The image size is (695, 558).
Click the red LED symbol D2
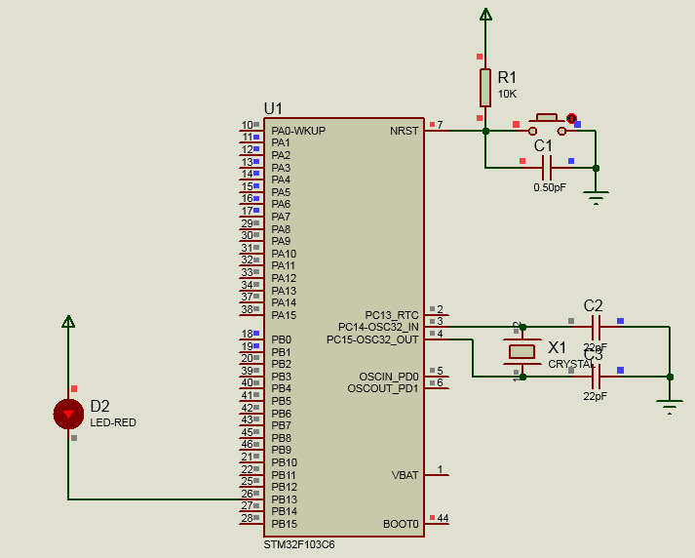tap(68, 414)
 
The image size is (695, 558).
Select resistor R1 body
tap(484, 87)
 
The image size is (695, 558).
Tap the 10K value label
tap(507, 95)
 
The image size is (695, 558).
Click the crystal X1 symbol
tap(522, 351)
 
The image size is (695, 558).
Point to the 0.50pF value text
tap(549, 187)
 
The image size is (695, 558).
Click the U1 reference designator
tap(273, 108)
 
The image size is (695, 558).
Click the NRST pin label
tap(404, 131)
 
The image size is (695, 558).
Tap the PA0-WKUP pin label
tap(298, 131)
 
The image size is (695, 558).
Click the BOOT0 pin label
tap(401, 524)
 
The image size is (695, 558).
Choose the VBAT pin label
tap(405, 475)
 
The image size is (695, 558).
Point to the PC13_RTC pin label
tap(392, 315)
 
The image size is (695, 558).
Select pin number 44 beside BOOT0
tap(443, 518)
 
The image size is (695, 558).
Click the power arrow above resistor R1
tap(484, 15)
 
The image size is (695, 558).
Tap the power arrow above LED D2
tap(68, 321)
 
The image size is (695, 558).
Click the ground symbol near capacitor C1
tap(596, 197)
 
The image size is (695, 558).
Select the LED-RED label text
tap(113, 422)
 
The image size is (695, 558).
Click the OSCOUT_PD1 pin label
tap(382, 388)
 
